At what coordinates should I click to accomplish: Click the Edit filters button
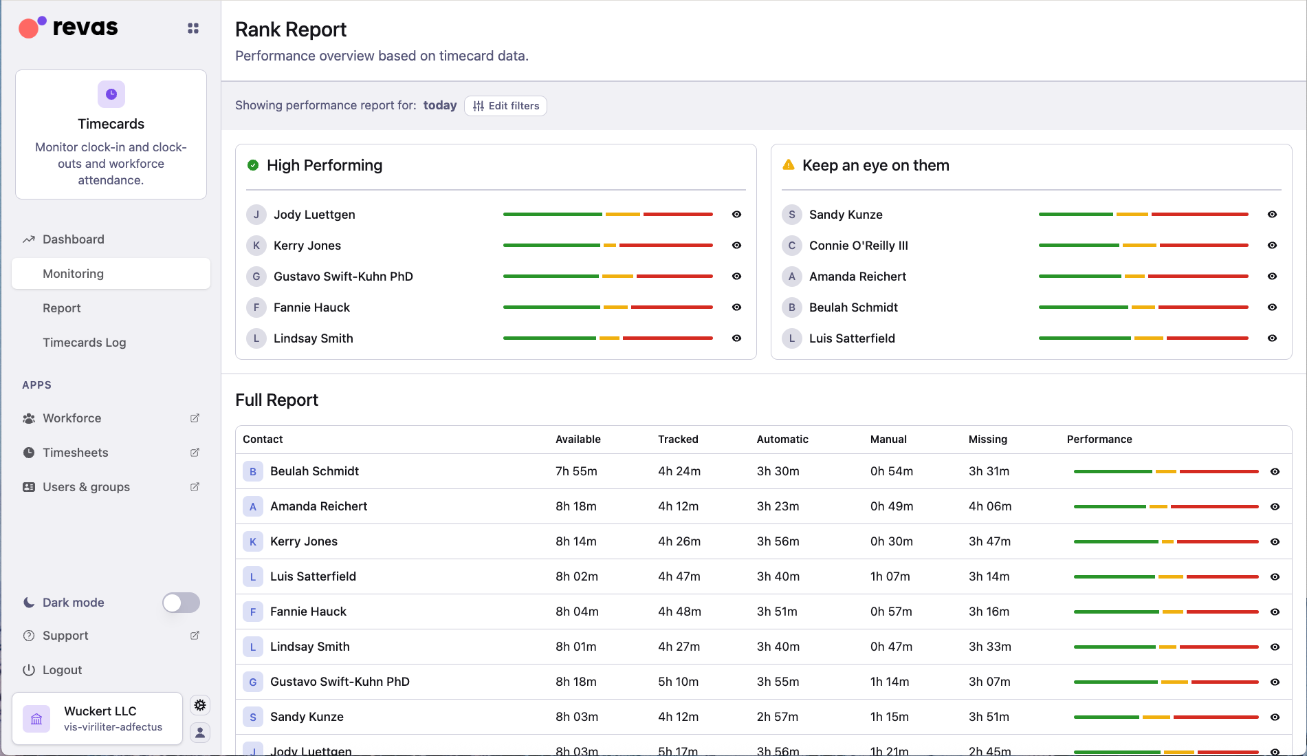[x=505, y=106]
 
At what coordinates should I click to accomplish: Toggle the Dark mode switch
[x=181, y=603]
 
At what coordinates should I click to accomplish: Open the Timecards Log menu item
[x=84, y=343]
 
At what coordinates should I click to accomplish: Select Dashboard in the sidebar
[x=73, y=239]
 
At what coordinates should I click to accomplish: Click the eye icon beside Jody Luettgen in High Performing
[x=736, y=215]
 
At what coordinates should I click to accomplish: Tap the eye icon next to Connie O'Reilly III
[x=1272, y=246]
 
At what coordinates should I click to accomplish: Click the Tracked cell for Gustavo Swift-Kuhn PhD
[x=678, y=682]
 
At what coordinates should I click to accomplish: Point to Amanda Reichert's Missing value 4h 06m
[x=989, y=506]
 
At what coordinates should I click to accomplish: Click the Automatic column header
[x=782, y=440]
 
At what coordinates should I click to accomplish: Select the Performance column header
[x=1099, y=440]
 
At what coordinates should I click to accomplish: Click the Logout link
[x=62, y=670]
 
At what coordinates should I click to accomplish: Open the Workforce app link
[x=72, y=418]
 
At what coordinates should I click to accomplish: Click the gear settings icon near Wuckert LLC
[x=200, y=705]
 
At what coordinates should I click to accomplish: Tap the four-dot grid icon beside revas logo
[x=193, y=28]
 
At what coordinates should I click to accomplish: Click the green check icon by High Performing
[x=253, y=165]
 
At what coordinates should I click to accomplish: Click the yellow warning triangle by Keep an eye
[x=789, y=165]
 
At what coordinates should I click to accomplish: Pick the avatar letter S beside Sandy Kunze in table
[x=253, y=717]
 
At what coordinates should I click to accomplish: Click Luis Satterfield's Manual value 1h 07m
[x=890, y=576]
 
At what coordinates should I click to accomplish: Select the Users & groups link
[x=86, y=487]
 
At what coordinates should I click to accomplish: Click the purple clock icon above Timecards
[x=111, y=94]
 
